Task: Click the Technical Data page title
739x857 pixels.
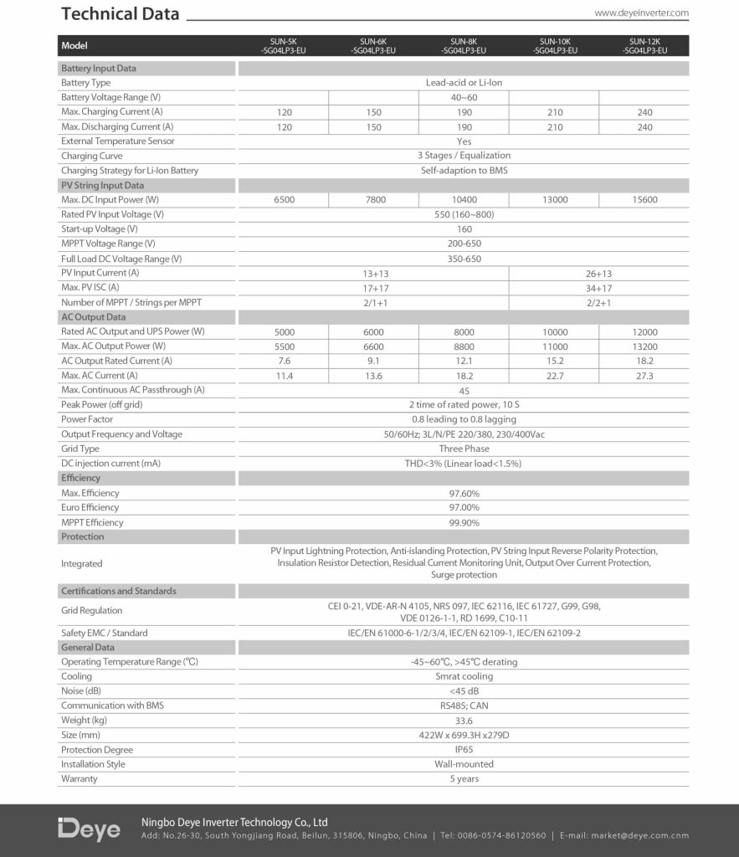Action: coord(121,14)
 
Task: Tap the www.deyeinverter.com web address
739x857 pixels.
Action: coord(641,13)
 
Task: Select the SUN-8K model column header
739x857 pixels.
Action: coord(464,46)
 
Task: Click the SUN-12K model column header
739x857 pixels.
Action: coord(644,46)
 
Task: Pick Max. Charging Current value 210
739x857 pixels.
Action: coord(554,112)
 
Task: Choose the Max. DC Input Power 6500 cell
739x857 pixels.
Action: coord(284,200)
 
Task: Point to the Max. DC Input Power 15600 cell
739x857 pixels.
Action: coord(644,200)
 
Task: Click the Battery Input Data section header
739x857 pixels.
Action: coord(99,69)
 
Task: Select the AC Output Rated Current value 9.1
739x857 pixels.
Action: coord(373,361)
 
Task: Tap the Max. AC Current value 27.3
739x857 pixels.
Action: coord(644,376)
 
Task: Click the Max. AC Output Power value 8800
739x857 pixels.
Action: coord(464,346)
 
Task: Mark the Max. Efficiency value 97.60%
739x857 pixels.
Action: coord(464,493)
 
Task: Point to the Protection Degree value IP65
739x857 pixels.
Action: coord(464,750)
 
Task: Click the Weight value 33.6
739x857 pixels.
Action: coord(464,721)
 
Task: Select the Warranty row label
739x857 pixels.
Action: coord(80,779)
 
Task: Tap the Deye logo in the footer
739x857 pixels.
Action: coord(89,829)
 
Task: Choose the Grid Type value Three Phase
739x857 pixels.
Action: coord(464,449)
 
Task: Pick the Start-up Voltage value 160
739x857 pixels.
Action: coord(464,229)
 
